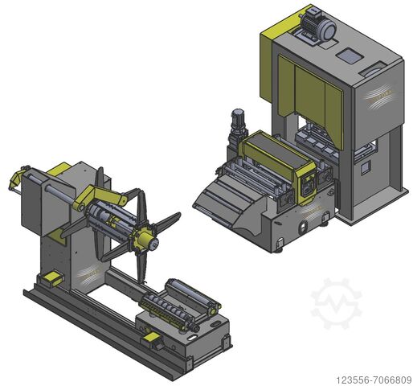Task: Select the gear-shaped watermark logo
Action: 336,303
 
